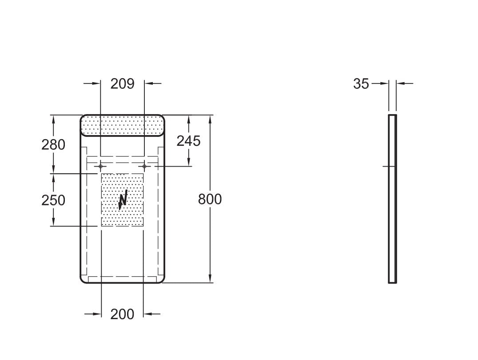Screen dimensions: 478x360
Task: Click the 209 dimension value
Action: tap(122, 84)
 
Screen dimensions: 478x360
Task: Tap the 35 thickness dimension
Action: tap(361, 84)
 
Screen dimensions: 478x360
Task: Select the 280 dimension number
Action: tap(53, 144)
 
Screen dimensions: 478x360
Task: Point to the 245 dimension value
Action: tap(189, 141)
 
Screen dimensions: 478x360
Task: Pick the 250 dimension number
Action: tap(53, 200)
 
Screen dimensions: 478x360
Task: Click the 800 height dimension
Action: tap(210, 199)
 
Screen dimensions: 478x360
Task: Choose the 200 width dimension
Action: tap(122, 314)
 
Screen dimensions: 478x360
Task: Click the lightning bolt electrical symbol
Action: tap(123, 200)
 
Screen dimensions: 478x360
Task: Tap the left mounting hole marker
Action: tap(100, 166)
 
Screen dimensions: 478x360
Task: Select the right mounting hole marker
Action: tap(144, 166)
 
